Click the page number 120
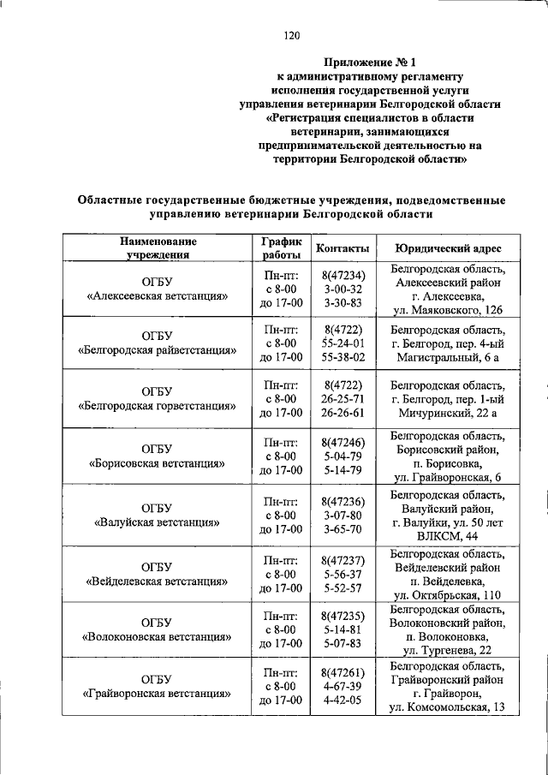pos(291,35)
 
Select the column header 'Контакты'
pos(342,247)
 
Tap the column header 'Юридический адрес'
pos(448,247)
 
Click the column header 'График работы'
pos(281,247)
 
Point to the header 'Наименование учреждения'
pos(157,247)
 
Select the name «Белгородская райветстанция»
pos(157,350)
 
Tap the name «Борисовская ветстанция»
pos(157,464)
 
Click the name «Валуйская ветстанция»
pos(157,522)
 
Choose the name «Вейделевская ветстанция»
pos(157,581)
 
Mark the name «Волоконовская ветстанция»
pos(157,637)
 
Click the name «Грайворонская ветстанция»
pos(157,694)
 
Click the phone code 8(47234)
pos(344,275)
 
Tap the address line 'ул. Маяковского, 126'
pos(447,309)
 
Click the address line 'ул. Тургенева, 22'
pos(447,651)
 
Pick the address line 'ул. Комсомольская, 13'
pos(447,707)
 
